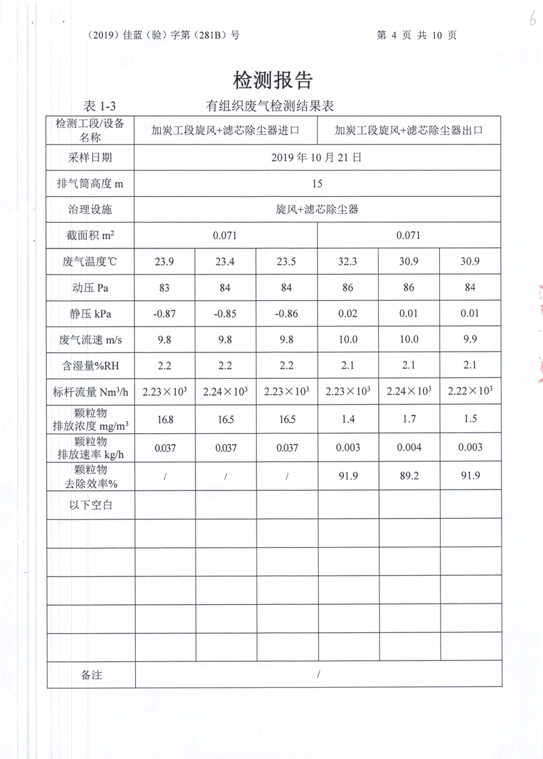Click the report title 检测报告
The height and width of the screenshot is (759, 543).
pos(273,81)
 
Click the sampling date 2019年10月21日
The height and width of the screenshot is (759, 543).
pos(317,158)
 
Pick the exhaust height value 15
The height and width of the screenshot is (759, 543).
pos(317,183)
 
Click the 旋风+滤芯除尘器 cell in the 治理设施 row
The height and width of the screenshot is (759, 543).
pos(317,209)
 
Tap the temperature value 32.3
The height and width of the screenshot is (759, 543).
pos(348,261)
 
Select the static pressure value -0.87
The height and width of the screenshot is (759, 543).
pos(164,314)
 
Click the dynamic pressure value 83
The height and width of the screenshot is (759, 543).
pos(164,288)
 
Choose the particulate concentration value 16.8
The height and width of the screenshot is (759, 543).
pos(164,420)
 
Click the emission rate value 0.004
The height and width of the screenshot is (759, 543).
pos(409,447)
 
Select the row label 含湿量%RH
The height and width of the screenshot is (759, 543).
pos(90,365)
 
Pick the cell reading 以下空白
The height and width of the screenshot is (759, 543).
pos(90,504)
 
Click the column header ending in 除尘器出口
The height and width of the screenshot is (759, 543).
pos(409,131)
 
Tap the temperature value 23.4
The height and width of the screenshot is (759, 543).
pos(225,261)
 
